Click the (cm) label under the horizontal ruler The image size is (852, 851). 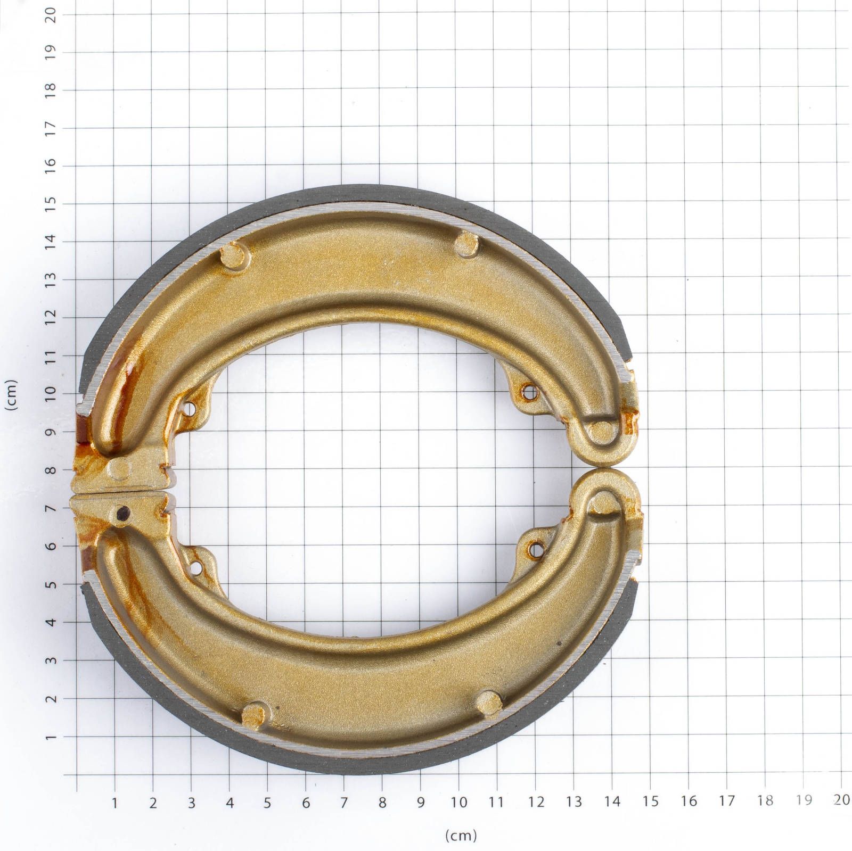click(461, 835)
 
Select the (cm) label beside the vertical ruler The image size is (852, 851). click(11, 394)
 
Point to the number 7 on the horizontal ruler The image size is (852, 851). click(344, 802)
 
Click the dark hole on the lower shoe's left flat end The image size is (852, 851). click(123, 513)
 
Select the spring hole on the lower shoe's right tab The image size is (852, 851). click(534, 545)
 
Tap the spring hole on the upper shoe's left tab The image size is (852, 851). click(188, 410)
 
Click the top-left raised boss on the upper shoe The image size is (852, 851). click(234, 255)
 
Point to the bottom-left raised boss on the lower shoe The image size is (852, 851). click(256, 714)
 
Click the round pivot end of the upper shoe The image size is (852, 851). click(603, 431)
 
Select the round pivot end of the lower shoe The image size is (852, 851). click(603, 502)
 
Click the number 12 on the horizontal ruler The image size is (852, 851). click(536, 802)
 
